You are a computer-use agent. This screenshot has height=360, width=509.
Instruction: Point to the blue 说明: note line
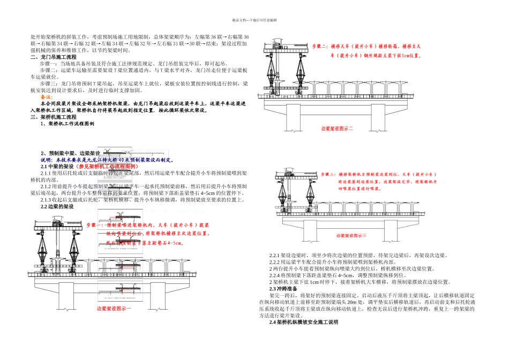107,160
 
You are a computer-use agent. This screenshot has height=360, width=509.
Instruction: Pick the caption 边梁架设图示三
351,236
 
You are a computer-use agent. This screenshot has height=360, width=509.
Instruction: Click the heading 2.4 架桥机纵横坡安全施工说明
303,322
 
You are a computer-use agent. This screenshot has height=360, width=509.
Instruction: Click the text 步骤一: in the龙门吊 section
50,63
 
